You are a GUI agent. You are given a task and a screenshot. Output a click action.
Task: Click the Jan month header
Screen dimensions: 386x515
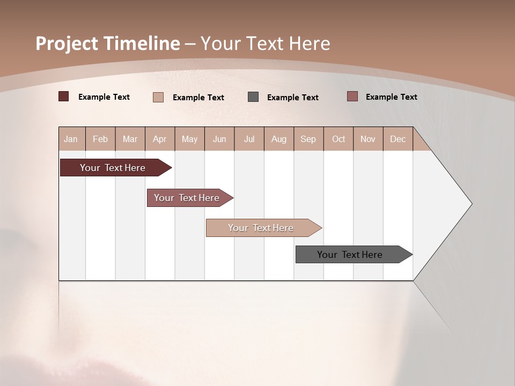[71, 139]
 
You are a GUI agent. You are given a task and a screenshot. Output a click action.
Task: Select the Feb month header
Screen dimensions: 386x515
[100, 139]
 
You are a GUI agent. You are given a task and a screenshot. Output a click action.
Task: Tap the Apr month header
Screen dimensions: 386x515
[160, 139]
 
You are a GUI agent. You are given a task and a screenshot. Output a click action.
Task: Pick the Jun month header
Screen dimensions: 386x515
[219, 139]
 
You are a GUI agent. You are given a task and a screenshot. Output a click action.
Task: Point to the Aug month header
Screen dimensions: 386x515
[279, 139]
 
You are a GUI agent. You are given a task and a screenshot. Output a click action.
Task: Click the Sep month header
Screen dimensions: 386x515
[308, 139]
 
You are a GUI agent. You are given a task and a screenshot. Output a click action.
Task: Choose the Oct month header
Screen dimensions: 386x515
[339, 139]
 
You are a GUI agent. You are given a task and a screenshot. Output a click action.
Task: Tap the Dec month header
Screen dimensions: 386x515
[398, 139]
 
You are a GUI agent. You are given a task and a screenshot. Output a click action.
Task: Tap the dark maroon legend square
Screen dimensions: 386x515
[64, 96]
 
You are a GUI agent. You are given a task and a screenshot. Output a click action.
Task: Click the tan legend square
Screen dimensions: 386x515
[158, 97]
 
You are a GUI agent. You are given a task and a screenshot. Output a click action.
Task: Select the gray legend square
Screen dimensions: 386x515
[253, 96]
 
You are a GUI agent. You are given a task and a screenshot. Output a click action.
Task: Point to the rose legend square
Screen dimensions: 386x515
[352, 96]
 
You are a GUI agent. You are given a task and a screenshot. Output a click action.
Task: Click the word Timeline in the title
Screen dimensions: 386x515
[142, 43]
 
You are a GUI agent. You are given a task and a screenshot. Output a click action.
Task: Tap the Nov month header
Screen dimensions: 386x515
[367, 139]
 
